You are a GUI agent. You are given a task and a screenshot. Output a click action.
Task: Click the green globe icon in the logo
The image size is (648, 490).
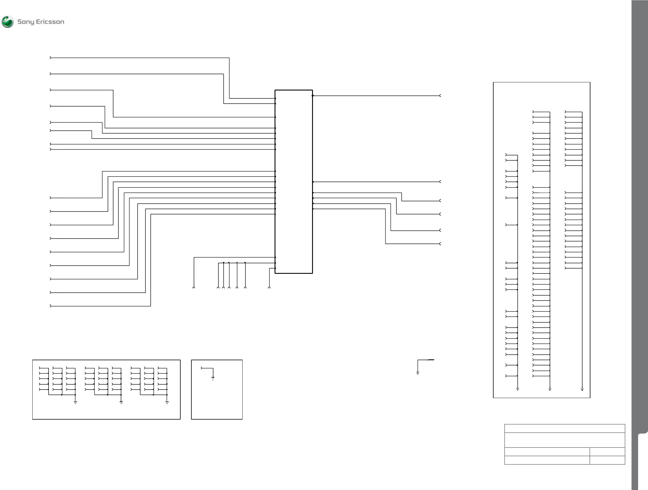coord(8,22)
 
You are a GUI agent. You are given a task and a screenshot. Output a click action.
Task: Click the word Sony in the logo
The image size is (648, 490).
coord(26,22)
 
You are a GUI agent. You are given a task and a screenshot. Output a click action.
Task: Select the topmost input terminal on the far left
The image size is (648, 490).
coord(51,58)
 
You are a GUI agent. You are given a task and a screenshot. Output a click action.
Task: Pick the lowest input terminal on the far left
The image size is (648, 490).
coord(51,306)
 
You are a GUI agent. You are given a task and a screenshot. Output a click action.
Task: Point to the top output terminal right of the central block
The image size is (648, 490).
coord(440,95)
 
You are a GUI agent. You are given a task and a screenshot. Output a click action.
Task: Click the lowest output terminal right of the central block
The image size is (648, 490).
coord(440,244)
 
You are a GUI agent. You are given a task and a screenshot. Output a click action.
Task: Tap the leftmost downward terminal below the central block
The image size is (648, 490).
coord(194,287)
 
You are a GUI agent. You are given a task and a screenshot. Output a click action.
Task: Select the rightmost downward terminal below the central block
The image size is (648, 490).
coord(269,287)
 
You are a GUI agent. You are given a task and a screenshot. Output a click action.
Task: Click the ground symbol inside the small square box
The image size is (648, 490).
coord(213,378)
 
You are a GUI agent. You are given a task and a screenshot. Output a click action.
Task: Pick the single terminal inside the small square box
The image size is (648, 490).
coord(202,368)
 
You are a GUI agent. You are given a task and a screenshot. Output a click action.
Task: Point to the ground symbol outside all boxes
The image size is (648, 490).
coord(418,373)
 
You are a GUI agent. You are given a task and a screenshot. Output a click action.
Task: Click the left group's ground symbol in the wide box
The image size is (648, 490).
coord(75,403)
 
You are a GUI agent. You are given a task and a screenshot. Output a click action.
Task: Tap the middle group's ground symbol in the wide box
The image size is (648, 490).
coord(121,403)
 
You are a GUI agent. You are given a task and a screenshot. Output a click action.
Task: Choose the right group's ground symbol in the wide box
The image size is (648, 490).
coord(167,403)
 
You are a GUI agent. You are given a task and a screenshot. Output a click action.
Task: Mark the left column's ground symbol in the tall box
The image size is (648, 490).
coord(518,389)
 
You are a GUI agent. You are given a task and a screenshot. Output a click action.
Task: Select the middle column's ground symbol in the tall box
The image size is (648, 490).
coord(550,389)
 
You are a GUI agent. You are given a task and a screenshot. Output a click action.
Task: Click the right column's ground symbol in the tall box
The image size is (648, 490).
coord(582,389)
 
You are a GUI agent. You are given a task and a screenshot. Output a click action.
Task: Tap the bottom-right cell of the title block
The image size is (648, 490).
coord(607,460)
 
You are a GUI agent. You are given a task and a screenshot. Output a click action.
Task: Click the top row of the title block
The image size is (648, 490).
coord(565,428)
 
